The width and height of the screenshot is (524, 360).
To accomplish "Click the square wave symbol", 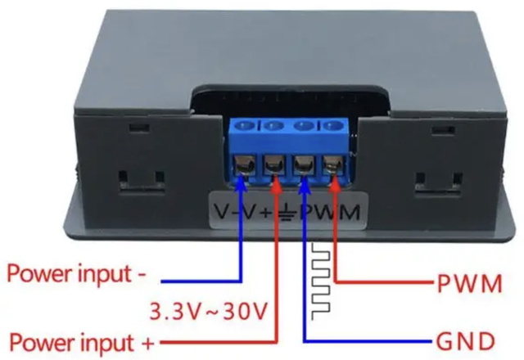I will tap(323, 278).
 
